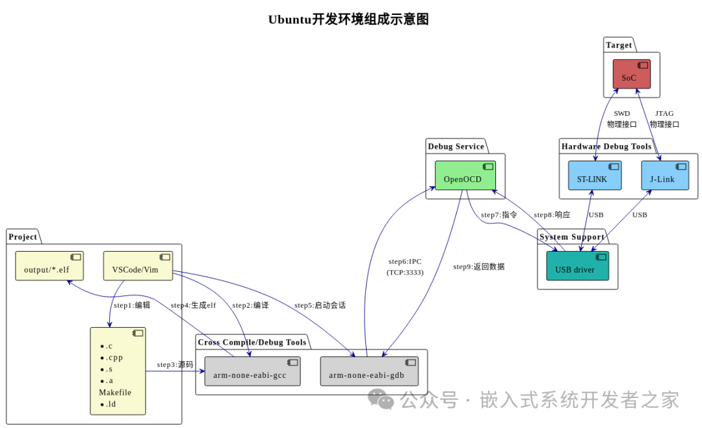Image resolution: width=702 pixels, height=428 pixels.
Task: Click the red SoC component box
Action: tap(632, 74)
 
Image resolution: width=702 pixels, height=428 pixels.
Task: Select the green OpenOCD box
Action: tap(465, 175)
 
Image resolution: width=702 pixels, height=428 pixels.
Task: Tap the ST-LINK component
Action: tap(595, 175)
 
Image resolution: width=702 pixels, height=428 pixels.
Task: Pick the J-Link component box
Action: tap(665, 175)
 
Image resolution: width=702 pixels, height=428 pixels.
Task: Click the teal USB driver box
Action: tap(578, 266)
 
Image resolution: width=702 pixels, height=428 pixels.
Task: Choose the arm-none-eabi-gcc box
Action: tap(252, 371)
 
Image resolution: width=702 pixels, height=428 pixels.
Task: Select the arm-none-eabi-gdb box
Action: tap(369, 371)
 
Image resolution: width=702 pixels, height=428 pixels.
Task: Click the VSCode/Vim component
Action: tap(138, 266)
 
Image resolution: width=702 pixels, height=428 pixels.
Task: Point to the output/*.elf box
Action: tap(49, 266)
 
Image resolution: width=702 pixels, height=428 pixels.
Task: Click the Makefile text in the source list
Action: tap(115, 392)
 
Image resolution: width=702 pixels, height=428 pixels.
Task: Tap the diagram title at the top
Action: tap(348, 20)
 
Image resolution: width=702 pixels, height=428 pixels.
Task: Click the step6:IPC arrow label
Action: tap(405, 267)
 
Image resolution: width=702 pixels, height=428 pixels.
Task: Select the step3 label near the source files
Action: tap(175, 364)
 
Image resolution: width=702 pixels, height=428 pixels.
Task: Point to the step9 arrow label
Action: tap(478, 267)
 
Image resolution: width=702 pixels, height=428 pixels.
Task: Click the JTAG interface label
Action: tap(664, 119)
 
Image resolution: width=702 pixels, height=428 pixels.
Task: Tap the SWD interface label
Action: tap(622, 119)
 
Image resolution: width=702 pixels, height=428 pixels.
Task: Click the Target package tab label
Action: tap(619, 45)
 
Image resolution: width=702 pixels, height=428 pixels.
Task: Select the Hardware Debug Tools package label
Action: tap(606, 146)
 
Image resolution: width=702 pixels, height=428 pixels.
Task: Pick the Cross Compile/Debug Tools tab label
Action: tap(252, 342)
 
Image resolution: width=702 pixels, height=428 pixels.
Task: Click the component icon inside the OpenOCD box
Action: tap(488, 167)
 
